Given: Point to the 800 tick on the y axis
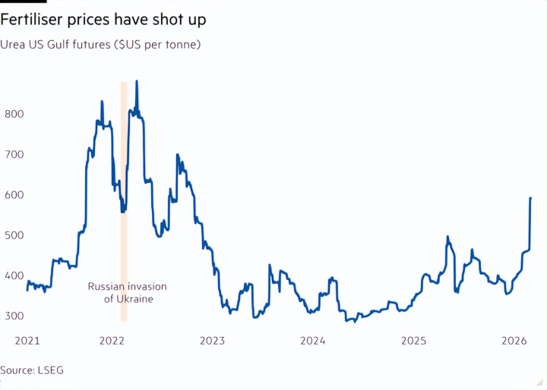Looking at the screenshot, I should pos(15,114).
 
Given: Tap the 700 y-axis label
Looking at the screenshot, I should pos(15,154).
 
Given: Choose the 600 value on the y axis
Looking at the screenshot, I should pos(15,194).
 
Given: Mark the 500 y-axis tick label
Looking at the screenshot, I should pos(15,235).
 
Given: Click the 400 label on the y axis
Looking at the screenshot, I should pos(15,275).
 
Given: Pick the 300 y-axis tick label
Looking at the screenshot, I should pos(15,316).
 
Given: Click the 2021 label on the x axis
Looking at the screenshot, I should pos(27,341).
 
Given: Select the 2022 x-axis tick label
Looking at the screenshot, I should pos(113,341).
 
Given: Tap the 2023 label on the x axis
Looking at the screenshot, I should pos(213,341).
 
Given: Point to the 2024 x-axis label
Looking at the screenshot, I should pos(313,341).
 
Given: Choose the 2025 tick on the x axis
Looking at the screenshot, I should pos(413,341).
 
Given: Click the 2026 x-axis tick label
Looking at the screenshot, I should pos(514,341).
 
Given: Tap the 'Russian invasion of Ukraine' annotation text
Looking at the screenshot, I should pos(128,293).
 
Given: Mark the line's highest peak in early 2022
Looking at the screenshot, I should pos(137,81).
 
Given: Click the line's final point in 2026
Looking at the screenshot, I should pos(530,198).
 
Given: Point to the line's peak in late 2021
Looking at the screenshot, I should pos(102,101).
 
